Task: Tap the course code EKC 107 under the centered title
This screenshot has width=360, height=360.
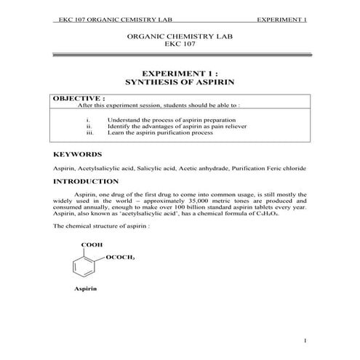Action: click(179, 44)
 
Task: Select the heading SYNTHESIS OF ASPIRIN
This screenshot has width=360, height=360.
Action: click(179, 83)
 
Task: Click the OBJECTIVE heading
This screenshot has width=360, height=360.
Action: click(79, 97)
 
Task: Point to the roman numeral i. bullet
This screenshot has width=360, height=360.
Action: click(88, 119)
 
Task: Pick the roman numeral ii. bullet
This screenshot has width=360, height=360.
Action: click(89, 126)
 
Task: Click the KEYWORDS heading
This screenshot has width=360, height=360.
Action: click(78, 155)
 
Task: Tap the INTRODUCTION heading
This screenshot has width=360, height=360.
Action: click(86, 181)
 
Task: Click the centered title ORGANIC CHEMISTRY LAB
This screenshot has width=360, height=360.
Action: click(179, 36)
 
